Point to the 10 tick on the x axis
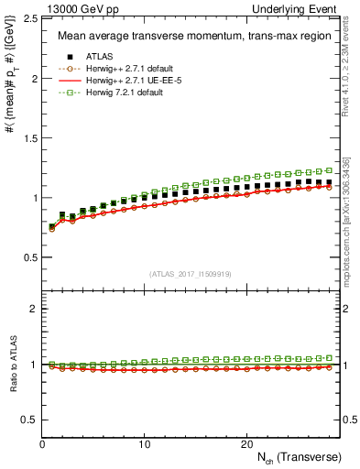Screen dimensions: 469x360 pos(145,443)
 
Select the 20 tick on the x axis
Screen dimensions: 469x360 pos(246,443)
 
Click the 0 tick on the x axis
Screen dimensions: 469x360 pos(43,443)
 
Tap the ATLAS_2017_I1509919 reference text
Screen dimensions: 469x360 pos(190,272)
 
